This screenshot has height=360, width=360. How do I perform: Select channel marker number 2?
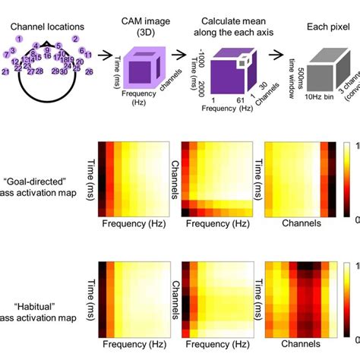tap(75, 39)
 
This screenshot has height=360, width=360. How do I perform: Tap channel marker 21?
tap(5, 71)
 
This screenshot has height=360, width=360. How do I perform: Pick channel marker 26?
tap(90, 71)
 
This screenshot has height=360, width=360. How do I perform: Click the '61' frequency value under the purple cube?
tap(237, 101)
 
